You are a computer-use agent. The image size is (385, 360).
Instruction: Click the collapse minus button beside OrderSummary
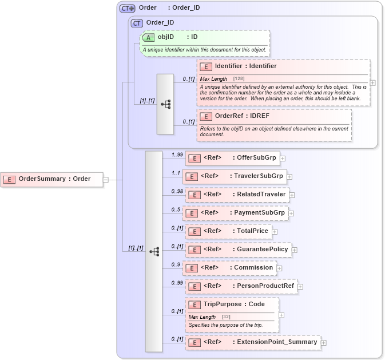coord(106,179)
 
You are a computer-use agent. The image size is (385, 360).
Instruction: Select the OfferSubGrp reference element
coord(232,158)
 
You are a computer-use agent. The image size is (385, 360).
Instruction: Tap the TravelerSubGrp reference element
coord(235,176)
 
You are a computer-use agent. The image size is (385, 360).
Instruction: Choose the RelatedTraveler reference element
coord(236,195)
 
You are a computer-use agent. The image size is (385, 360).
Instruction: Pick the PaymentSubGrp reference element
coord(235,213)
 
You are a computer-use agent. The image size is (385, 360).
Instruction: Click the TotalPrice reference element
coord(228,231)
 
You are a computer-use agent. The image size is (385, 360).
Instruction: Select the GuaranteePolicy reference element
coord(238,250)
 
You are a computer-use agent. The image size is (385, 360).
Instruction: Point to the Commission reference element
coord(230,268)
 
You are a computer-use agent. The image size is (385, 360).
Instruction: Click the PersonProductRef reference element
coord(241,286)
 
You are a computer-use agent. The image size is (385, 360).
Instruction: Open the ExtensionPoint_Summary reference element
coord(252,342)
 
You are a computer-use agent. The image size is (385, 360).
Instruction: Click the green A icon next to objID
coord(148,37)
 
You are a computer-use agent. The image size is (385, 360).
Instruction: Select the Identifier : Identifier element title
coord(245,66)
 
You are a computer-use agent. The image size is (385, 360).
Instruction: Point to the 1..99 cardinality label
coord(177,155)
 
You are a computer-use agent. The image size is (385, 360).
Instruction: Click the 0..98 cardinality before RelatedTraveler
coord(177,191)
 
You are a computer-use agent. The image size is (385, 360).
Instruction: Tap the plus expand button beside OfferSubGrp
coord(283,159)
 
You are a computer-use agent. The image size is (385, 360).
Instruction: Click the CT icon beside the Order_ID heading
coord(137,23)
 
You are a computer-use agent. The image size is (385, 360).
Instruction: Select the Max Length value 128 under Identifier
coord(239,78)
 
